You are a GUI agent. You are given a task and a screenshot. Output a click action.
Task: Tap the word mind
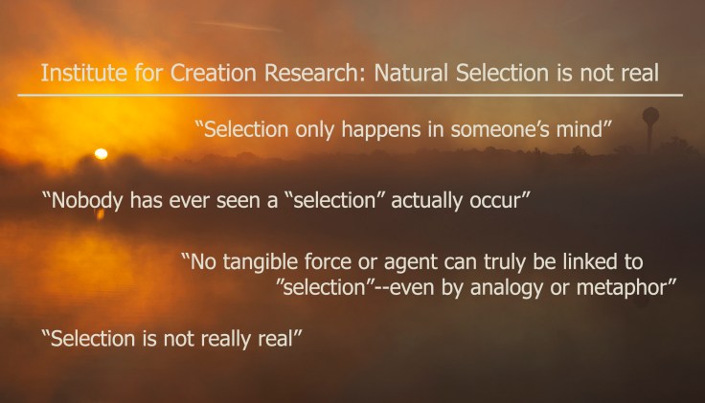click(x=578, y=131)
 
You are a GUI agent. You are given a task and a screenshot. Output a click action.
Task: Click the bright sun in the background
click(x=101, y=153)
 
